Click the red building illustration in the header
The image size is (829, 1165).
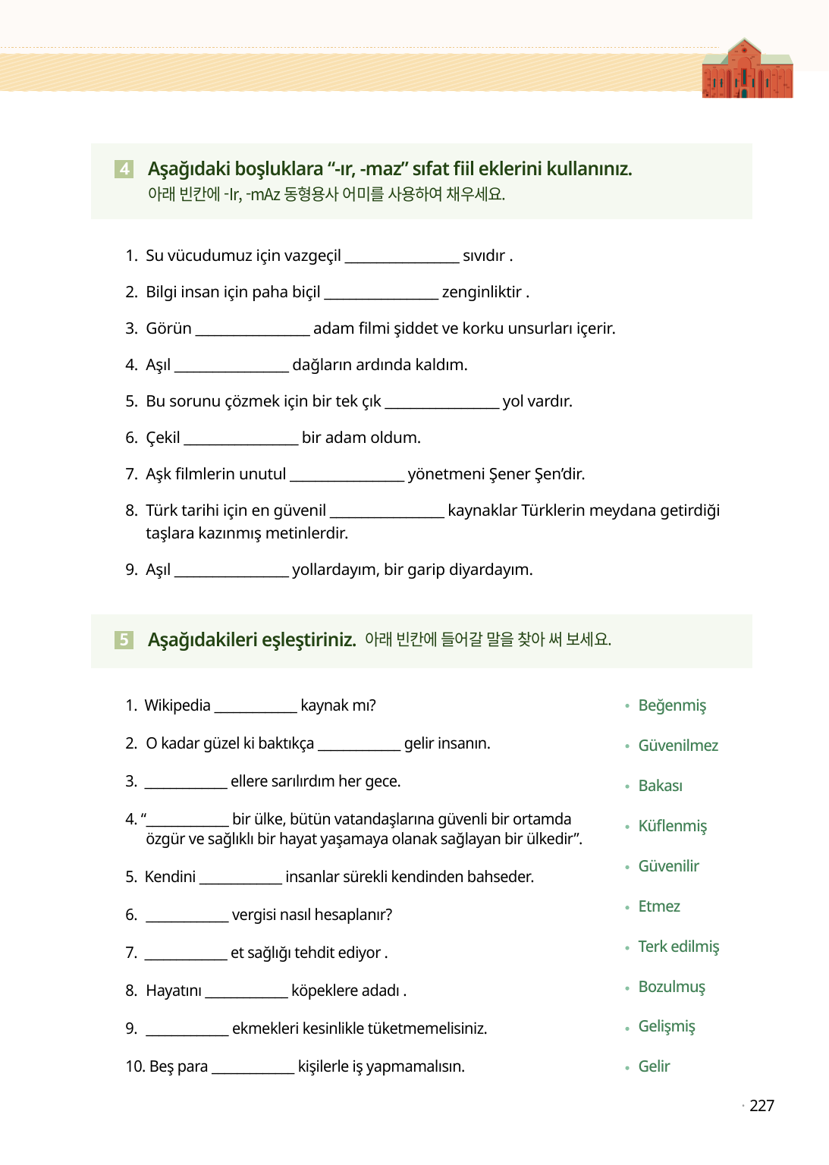pos(747,71)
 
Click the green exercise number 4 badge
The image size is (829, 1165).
pos(124,168)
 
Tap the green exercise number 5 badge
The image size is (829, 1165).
pos(124,639)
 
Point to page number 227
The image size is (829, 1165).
pos(761,1106)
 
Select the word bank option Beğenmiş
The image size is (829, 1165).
pos(672,705)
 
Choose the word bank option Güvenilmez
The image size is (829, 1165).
pos(678,746)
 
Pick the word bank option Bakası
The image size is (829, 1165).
pos(660,786)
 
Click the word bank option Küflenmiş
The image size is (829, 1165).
pos(672,826)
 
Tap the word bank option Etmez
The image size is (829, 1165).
pos(659,906)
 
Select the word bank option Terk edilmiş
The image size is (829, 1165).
pos(678,947)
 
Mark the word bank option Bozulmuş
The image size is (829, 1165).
pos(671,987)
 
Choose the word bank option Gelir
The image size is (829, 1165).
pos(654,1066)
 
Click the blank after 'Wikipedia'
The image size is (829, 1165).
pos(256,706)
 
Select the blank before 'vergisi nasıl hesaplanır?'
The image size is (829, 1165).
pos(187,915)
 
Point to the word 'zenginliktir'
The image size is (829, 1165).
pos(482,292)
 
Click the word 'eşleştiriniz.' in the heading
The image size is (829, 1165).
pos(309,639)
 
